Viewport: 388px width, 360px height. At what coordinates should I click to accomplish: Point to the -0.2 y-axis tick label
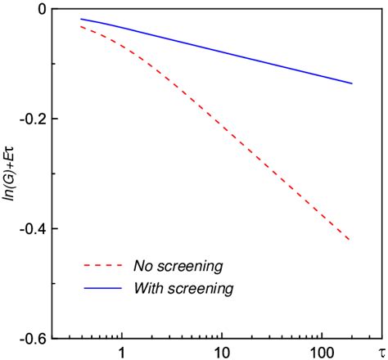click(x=33, y=119)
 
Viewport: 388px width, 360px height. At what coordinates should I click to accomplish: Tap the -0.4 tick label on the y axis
click(x=33, y=228)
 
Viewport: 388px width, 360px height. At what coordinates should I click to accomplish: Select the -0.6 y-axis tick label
click(x=33, y=338)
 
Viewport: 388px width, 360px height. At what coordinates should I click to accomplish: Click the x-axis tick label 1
click(x=122, y=352)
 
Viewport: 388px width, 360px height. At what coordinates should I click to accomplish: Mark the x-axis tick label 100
click(x=322, y=352)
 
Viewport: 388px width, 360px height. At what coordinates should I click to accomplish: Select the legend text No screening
click(x=178, y=266)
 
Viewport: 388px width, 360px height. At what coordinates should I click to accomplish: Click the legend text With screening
click(x=183, y=288)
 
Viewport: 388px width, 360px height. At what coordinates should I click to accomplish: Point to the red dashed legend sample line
click(x=102, y=267)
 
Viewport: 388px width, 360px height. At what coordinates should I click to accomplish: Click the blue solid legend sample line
click(x=102, y=289)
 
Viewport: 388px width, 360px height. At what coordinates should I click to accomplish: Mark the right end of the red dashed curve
click(x=351, y=241)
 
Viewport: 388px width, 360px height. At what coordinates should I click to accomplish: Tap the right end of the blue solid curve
click(x=351, y=83)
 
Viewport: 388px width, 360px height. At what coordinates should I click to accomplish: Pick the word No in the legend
click(x=141, y=266)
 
